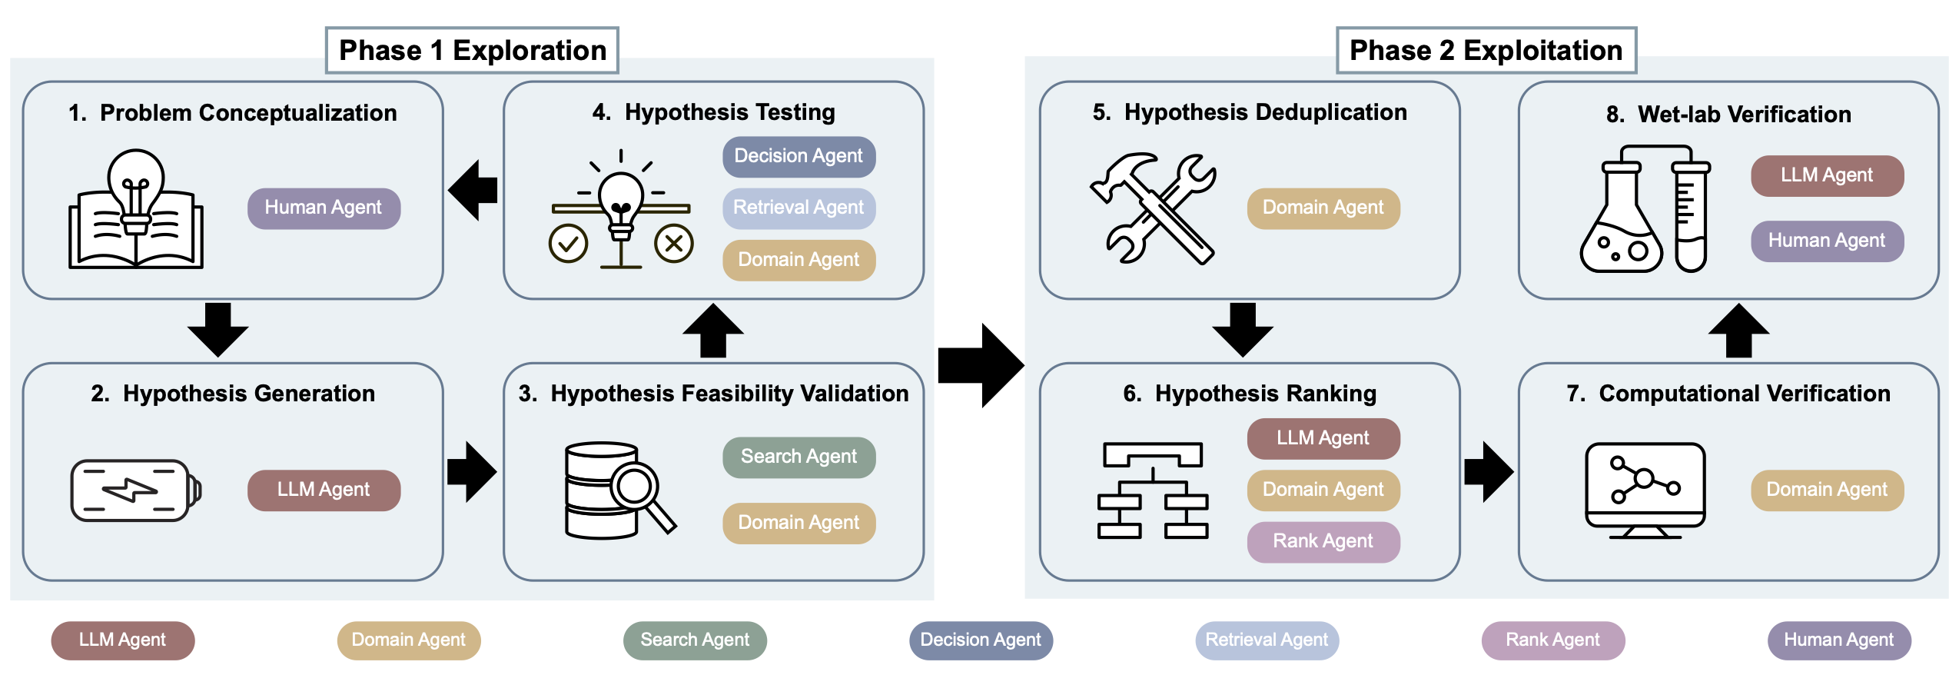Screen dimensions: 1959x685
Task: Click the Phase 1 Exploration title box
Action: (472, 51)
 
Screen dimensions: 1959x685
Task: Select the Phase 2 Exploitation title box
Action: (1486, 51)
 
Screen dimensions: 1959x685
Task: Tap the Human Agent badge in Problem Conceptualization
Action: (324, 208)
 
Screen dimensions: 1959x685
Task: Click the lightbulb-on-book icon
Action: (136, 209)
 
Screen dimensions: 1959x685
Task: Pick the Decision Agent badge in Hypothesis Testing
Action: (799, 157)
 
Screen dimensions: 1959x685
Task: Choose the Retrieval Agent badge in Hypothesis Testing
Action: (799, 208)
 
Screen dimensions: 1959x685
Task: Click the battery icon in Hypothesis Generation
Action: (136, 490)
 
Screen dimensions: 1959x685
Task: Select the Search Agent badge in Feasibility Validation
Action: (799, 457)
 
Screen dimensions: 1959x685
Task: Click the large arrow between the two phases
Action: (981, 365)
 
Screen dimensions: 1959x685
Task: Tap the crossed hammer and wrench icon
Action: (1153, 208)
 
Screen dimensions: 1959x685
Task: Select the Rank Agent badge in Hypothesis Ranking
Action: (1323, 542)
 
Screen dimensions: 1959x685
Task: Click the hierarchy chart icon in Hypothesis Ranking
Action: (1153, 490)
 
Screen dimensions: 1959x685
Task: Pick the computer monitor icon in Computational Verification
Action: (1645, 490)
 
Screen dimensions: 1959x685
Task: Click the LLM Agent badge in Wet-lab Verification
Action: (1827, 176)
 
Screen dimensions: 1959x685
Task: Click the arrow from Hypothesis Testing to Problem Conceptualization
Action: (473, 190)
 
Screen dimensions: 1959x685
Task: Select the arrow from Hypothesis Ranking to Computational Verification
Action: (1489, 472)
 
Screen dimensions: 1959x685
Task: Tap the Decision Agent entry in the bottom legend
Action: (981, 640)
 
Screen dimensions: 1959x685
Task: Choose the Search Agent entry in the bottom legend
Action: (695, 640)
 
